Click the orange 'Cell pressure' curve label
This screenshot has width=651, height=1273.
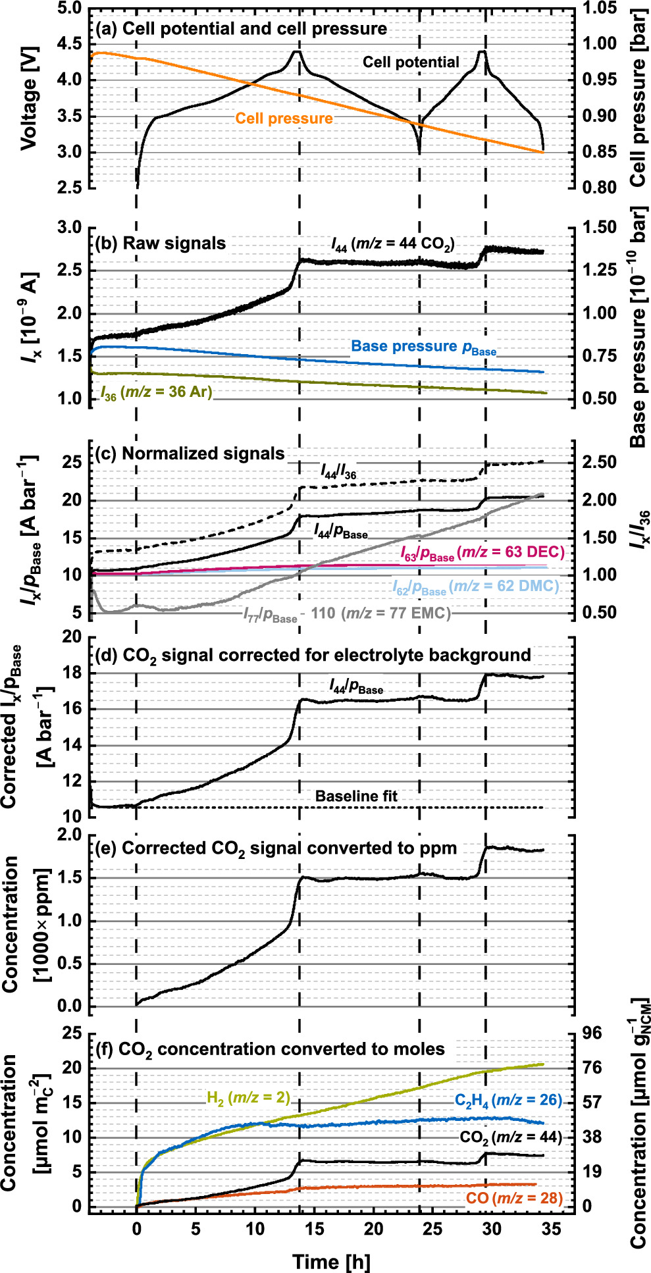click(x=284, y=118)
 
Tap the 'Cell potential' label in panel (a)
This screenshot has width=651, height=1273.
click(x=411, y=63)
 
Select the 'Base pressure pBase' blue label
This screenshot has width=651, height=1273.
click(x=423, y=347)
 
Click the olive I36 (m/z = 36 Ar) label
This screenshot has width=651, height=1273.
click(x=156, y=393)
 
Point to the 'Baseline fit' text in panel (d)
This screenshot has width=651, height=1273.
click(x=356, y=796)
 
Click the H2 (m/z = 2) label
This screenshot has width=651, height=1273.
click(x=248, y=1097)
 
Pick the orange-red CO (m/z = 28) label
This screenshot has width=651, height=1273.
click(x=514, y=1198)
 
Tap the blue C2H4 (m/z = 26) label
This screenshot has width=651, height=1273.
click(x=508, y=1100)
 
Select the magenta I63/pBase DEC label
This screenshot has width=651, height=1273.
click(x=482, y=553)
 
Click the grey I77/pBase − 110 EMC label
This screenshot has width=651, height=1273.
click(x=347, y=614)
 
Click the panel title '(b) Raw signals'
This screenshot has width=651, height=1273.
click(x=161, y=244)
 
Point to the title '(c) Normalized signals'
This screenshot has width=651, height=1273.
click(x=190, y=454)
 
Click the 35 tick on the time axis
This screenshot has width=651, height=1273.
click(x=552, y=1229)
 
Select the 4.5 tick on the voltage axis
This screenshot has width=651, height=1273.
click(x=68, y=44)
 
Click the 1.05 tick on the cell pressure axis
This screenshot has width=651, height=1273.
click(x=600, y=9)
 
